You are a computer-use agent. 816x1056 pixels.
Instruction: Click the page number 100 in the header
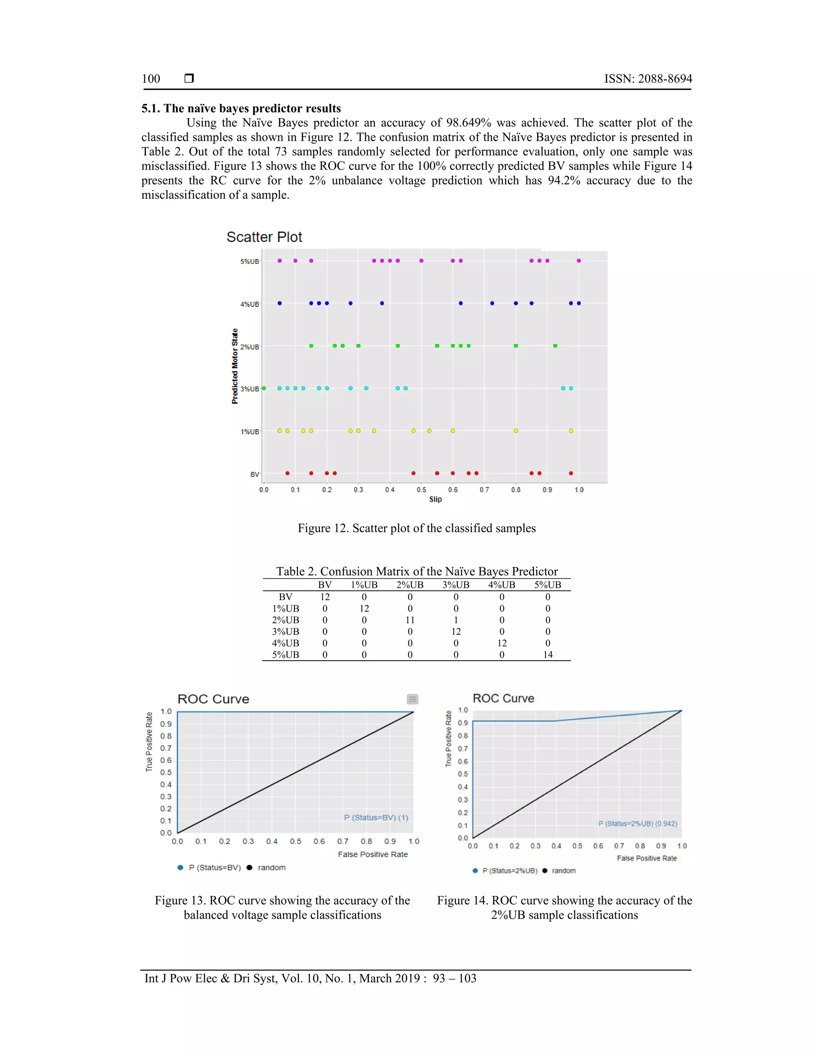click(x=151, y=79)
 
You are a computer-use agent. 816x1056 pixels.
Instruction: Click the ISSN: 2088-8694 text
click(x=648, y=79)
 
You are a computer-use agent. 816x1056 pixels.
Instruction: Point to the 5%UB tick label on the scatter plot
click(x=249, y=261)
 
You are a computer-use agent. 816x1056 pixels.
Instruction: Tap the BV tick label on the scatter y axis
click(x=254, y=474)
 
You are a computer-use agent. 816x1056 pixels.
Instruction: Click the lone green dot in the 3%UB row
click(x=264, y=388)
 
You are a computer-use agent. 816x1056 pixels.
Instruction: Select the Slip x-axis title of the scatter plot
click(x=435, y=499)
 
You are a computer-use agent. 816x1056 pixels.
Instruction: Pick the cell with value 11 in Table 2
click(x=410, y=620)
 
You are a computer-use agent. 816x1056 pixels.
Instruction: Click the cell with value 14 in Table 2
click(x=548, y=655)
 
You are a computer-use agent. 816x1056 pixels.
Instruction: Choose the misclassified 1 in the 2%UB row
click(x=456, y=620)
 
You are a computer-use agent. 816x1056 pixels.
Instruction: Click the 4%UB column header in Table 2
click(x=501, y=585)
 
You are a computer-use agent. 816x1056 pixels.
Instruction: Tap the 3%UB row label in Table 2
click(x=285, y=632)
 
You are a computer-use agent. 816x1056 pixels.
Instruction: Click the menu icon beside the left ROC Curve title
click(x=412, y=699)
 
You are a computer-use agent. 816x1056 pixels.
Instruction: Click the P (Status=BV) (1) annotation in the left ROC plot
click(x=376, y=818)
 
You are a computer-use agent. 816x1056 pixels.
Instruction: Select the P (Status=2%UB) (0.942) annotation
click(x=637, y=823)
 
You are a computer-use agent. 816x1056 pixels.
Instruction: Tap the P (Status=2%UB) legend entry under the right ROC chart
click(x=510, y=871)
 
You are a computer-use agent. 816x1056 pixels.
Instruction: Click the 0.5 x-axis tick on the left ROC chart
click(x=295, y=841)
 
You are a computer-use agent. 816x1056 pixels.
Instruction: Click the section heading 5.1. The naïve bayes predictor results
click(x=241, y=108)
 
